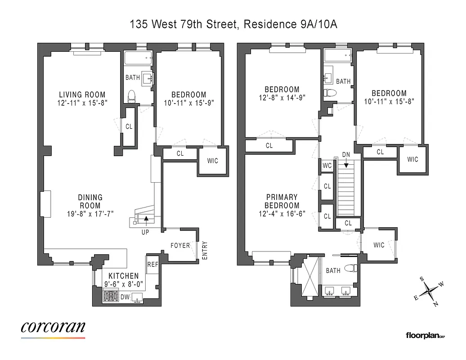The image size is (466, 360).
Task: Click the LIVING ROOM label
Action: point(82,94)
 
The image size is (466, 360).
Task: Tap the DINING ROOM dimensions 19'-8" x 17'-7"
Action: point(90,214)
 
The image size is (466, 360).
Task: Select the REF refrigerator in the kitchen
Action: point(152,265)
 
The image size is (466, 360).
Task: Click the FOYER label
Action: point(180,245)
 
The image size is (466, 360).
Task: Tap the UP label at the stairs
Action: point(145,232)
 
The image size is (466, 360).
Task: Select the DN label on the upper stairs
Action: point(346,154)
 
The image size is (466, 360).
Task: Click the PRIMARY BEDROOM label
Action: point(282,201)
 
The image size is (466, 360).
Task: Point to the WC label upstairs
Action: point(327,166)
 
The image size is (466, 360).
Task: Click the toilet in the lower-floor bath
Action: point(132,96)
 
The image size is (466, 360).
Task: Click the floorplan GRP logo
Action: point(425,335)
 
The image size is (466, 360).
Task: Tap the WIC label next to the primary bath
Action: point(379,245)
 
